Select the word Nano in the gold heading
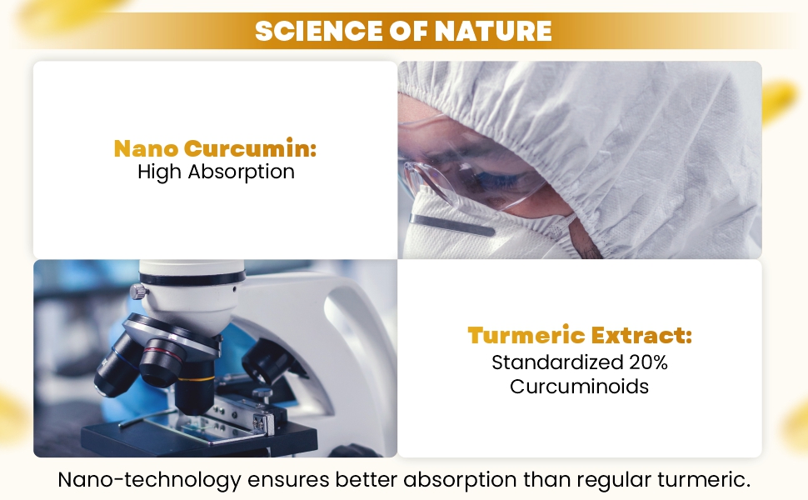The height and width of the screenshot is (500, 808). [146, 148]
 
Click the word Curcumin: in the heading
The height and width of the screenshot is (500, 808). [250, 148]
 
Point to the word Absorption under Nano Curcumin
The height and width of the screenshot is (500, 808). [242, 172]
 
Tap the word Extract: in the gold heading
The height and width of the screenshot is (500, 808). [641, 335]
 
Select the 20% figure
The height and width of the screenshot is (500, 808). [648, 362]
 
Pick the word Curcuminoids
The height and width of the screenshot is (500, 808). [579, 386]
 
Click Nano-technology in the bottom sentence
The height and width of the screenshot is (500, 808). [149, 480]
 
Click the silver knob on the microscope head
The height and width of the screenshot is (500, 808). [139, 292]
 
